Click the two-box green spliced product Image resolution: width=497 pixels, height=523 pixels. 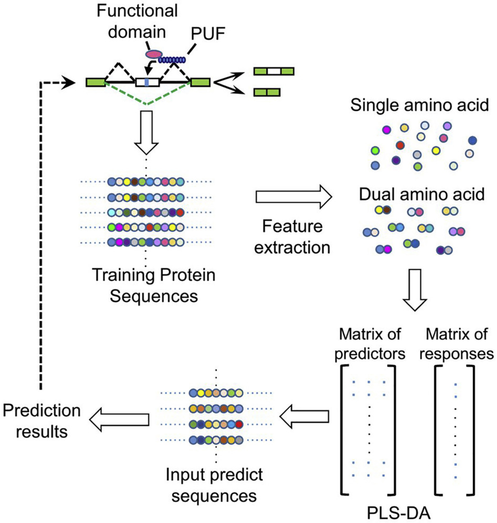pyautogui.click(x=267, y=92)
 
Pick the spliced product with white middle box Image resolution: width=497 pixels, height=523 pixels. pyautogui.click(x=274, y=71)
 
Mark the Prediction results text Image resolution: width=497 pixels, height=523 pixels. pyautogui.click(x=42, y=421)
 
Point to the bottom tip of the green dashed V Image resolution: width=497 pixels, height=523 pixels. pyautogui.click(x=147, y=105)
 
